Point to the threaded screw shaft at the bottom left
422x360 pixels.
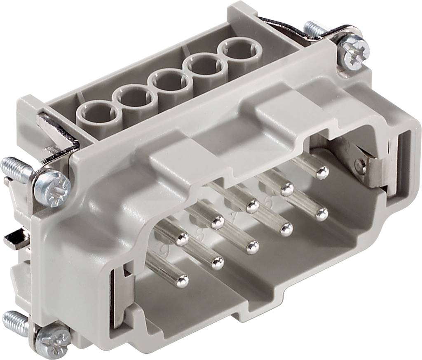tap(16, 322)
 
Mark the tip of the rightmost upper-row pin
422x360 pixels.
tap(322, 172)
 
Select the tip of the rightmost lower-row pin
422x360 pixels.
tap(322, 214)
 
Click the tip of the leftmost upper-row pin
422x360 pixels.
tap(182, 238)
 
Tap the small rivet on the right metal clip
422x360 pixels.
tap(361, 165)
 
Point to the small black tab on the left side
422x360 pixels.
tap(16, 238)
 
